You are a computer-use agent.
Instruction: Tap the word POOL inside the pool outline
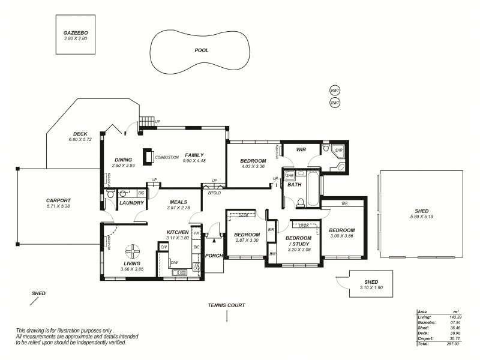(202, 50)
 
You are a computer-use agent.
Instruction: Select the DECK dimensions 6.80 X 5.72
(80, 140)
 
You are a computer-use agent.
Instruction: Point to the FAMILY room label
(195, 155)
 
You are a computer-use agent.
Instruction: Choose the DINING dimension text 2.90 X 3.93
(123, 166)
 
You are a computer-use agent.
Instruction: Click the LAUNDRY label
(131, 203)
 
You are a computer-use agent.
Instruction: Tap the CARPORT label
(58, 200)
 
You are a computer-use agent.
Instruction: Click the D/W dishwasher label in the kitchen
(175, 262)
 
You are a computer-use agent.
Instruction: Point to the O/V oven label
(163, 247)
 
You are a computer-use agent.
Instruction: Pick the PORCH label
(214, 256)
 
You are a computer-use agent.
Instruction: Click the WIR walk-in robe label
(301, 149)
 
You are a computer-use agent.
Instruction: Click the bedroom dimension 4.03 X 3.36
(253, 166)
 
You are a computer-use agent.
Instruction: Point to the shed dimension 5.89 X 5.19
(421, 217)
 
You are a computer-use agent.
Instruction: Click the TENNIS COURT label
(226, 305)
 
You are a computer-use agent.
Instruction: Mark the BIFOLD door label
(214, 193)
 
